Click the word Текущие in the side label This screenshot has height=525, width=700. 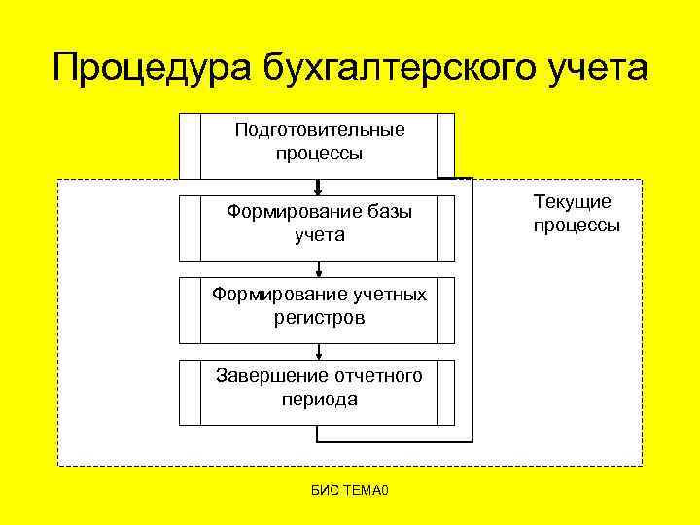[x=573, y=202]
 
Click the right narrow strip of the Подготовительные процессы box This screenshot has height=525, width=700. [x=446, y=146]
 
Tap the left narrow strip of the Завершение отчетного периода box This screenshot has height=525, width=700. [x=190, y=393]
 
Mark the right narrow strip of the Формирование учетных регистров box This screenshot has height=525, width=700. [x=446, y=310]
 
